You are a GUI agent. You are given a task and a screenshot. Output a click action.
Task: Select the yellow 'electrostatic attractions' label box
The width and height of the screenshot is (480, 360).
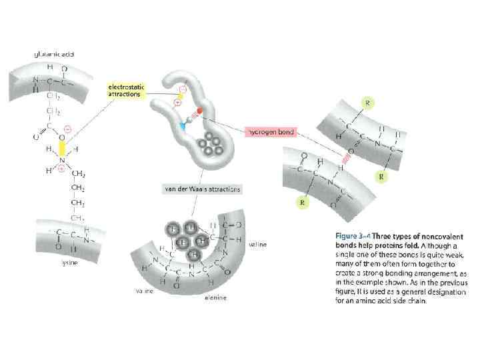pyautogui.click(x=127, y=91)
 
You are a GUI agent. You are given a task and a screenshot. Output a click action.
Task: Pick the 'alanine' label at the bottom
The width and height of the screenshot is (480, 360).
pyautogui.click(x=213, y=298)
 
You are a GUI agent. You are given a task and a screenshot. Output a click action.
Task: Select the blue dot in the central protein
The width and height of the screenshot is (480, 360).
pyautogui.click(x=180, y=125)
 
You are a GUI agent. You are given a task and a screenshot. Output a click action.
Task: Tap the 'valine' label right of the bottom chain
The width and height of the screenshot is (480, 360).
pyautogui.click(x=257, y=245)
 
